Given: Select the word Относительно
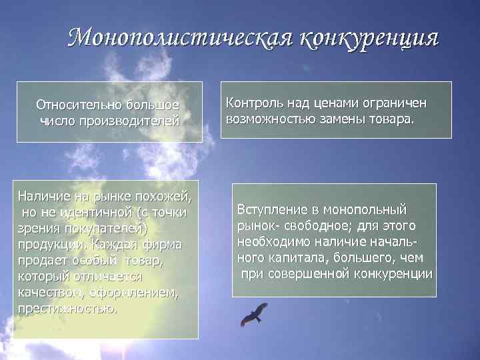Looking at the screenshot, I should (x=76, y=105).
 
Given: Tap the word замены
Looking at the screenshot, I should (x=346, y=120).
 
